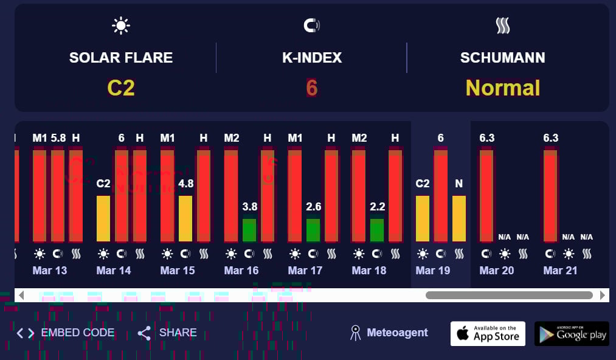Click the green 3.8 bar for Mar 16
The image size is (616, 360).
pos(249,230)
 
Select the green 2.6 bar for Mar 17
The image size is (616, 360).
pos(313,230)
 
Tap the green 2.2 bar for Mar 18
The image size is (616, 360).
pos(377,230)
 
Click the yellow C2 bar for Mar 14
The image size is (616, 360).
pos(103,218)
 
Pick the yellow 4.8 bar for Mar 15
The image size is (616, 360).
pos(185,218)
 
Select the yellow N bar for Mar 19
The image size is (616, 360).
pos(459,218)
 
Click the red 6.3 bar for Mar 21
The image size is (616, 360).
pos(550,196)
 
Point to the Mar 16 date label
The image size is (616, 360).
pos(241,271)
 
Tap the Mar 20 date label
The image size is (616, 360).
pos(497,271)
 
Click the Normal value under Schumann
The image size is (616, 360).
pos(503,88)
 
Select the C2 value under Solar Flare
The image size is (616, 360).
pos(121,88)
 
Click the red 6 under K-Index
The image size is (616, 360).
pos(312,88)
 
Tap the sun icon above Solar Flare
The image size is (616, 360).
pos(121,26)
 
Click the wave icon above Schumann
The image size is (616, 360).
pos(502,26)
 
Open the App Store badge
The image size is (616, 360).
pos(488,333)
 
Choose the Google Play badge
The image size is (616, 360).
pos(572,333)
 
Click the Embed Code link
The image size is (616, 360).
pos(66,333)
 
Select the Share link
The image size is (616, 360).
pos(167,333)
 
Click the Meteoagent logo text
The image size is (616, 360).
pos(397,333)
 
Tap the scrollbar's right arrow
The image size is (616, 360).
pos(603,296)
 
